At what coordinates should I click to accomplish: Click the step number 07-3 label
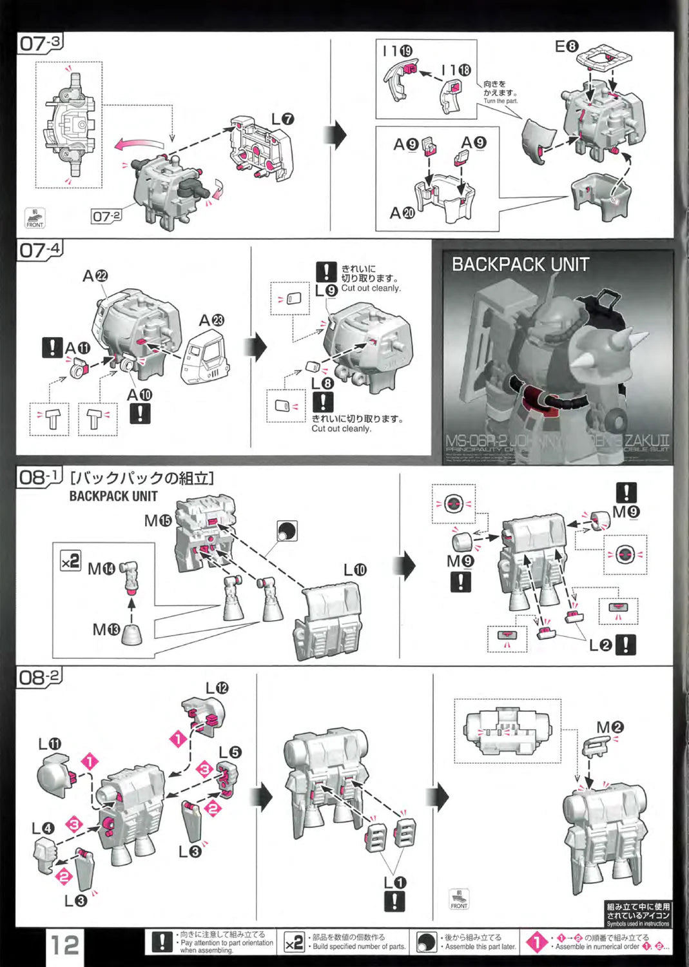[39, 44]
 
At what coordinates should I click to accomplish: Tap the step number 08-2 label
[39, 678]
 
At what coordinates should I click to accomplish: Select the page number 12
[64, 945]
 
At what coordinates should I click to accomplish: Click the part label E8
[567, 46]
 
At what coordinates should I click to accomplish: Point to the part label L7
[282, 119]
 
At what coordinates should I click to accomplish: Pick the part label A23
[211, 320]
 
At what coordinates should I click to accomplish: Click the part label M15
[158, 520]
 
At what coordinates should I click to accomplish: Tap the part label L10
[354, 570]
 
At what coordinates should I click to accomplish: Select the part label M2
[610, 727]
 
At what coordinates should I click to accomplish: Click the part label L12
[217, 689]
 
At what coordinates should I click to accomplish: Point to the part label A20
[402, 212]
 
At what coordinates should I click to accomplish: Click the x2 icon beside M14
[70, 561]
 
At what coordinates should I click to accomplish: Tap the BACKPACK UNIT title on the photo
[520, 264]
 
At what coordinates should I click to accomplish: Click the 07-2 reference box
[106, 216]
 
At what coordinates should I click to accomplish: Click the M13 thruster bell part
[131, 634]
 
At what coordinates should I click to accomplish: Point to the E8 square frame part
[604, 58]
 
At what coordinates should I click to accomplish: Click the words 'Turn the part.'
[500, 101]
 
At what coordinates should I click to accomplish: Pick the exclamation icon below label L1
[394, 901]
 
